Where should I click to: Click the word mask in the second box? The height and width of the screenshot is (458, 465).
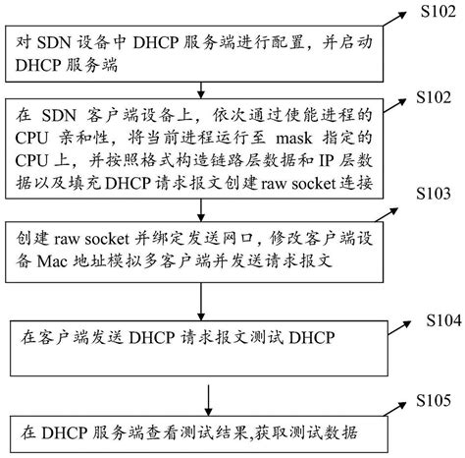tap(291, 140)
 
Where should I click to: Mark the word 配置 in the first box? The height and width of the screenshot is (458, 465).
tap(275, 44)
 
